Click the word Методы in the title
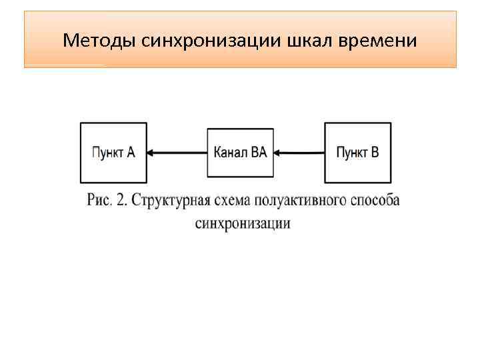click(x=100, y=41)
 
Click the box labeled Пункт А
click(x=113, y=152)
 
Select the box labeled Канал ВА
click(x=240, y=152)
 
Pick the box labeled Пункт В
click(x=358, y=152)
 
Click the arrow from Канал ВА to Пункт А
click(x=177, y=153)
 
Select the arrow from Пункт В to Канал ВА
click(x=299, y=153)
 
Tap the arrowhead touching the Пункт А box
click(x=151, y=153)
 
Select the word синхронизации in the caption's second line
click(x=243, y=223)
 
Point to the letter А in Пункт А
click(x=131, y=152)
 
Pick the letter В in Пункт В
click(x=375, y=152)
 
